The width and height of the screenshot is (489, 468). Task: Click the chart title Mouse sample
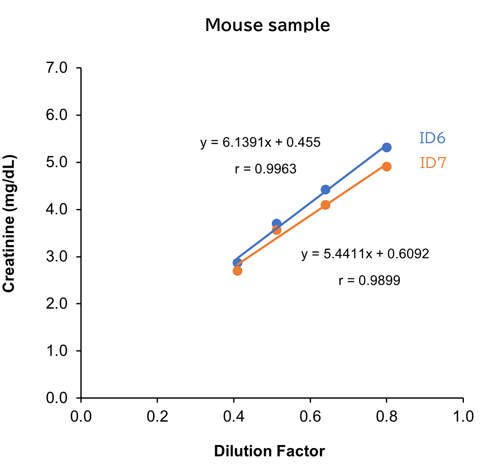click(267, 25)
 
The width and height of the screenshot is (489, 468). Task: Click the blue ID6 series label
click(432, 138)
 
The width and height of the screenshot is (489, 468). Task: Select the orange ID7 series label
click(433, 163)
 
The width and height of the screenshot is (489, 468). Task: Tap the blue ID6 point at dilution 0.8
click(387, 147)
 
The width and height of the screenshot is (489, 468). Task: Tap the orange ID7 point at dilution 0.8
click(387, 166)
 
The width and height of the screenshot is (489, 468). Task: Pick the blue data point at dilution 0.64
click(325, 189)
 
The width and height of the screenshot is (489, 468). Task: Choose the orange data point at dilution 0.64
click(325, 205)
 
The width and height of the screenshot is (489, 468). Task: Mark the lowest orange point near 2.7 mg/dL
click(238, 271)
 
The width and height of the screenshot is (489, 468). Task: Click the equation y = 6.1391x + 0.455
click(260, 142)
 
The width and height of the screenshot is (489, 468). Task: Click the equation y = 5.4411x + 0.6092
click(365, 254)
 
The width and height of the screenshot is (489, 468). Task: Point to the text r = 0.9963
click(265, 169)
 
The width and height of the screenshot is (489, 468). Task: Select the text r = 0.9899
click(369, 281)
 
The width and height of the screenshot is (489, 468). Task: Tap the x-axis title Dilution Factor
click(269, 451)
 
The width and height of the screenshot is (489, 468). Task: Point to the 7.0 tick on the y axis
click(57, 68)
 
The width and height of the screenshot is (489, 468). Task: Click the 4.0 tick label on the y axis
click(57, 209)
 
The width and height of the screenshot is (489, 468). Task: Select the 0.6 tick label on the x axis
click(310, 417)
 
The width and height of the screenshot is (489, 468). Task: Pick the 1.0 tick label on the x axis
click(463, 417)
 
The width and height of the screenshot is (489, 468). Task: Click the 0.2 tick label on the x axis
click(157, 417)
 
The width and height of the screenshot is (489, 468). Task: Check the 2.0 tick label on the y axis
click(57, 304)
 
